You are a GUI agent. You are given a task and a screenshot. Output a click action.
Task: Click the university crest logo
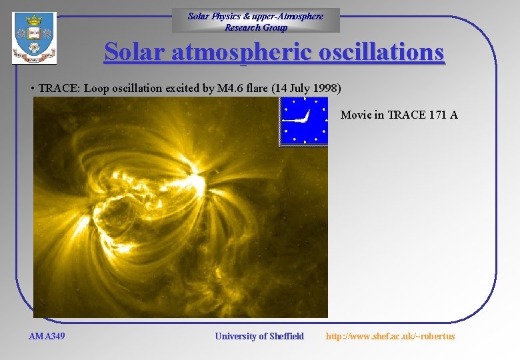coord(34,39)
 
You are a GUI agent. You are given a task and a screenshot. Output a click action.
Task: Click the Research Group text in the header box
coord(256,27)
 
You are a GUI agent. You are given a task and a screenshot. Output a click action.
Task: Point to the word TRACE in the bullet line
coord(57,88)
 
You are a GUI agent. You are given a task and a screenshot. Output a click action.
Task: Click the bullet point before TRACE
coord(33,89)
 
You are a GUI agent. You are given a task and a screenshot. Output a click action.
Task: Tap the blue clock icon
coord(304,121)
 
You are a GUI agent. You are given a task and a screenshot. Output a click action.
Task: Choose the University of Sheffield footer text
coord(259,336)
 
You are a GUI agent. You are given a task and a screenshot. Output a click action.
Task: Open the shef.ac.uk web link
coord(390,336)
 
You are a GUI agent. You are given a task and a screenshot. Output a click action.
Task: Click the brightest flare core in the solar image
coord(197,181)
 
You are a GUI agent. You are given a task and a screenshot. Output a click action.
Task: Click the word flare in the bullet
coord(257,88)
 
